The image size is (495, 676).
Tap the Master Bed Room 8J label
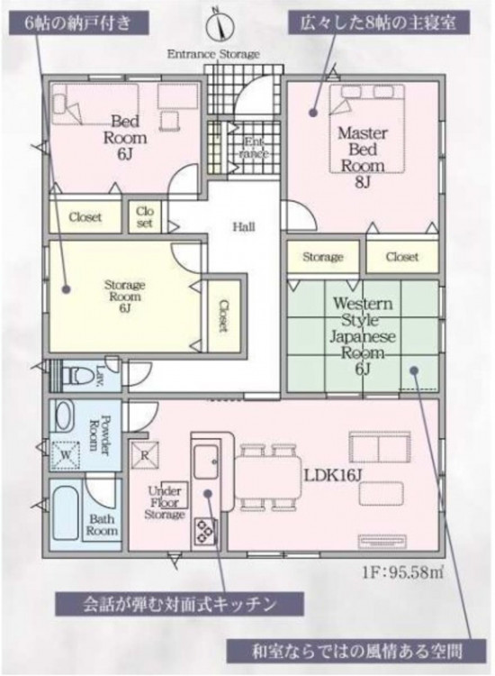click(x=363, y=158)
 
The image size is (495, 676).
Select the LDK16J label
click(x=333, y=476)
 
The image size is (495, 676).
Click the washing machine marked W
click(x=66, y=455)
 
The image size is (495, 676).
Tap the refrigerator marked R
click(x=145, y=455)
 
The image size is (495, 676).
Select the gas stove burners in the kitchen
click(x=205, y=531)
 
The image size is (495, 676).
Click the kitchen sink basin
click(x=206, y=461)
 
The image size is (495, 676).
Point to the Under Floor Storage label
click(x=165, y=503)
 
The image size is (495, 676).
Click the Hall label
click(x=244, y=226)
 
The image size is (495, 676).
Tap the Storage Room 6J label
click(x=124, y=297)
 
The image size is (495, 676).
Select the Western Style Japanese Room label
click(x=363, y=328)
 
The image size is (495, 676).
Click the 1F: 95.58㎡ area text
click(x=402, y=572)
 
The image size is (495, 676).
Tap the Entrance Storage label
click(x=213, y=54)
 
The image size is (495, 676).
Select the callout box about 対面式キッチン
click(x=179, y=604)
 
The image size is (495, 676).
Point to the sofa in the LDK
click(x=379, y=447)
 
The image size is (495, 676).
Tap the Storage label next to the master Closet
click(x=323, y=257)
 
